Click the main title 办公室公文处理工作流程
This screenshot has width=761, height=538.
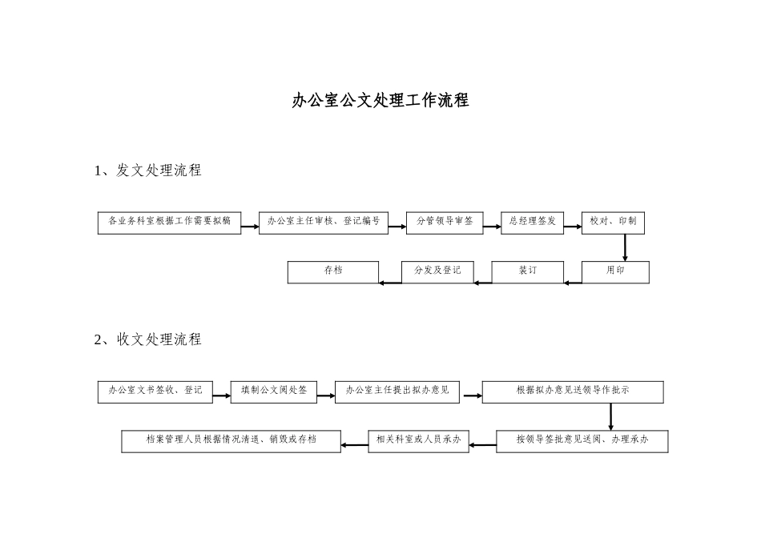click(380, 101)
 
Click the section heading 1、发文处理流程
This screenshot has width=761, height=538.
click(148, 171)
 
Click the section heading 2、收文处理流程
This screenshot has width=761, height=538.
click(148, 339)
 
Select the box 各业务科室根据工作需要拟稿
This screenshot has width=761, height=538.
click(169, 223)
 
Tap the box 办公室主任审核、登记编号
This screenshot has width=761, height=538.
click(324, 223)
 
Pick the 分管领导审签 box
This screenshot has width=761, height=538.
click(445, 223)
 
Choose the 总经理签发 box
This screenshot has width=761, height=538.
click(532, 223)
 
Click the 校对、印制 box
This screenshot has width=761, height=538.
click(613, 223)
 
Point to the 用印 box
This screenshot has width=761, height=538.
click(615, 272)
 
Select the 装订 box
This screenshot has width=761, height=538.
click(527, 272)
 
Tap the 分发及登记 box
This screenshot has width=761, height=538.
click(437, 272)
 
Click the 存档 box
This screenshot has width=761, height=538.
click(332, 272)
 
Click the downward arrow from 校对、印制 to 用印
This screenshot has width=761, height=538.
click(625, 247)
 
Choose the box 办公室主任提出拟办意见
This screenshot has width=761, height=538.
click(397, 391)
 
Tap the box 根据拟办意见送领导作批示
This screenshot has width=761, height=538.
click(573, 391)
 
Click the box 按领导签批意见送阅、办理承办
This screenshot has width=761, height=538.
click(582, 441)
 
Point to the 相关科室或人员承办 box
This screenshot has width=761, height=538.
click(418, 441)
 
